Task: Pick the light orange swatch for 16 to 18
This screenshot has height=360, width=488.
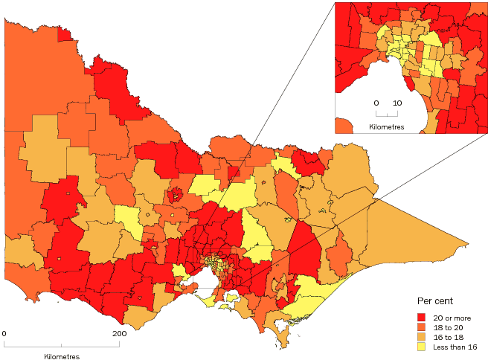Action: [x=423, y=337]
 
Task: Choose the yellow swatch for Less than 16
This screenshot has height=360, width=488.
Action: [x=423, y=347]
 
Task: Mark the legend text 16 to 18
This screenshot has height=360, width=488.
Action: [x=449, y=337]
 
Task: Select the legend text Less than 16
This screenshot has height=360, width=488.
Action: [x=455, y=347]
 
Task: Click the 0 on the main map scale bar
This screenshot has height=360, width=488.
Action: [x=4, y=334]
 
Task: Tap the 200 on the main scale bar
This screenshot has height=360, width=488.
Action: [x=119, y=334]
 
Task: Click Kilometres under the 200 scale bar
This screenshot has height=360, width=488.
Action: [x=62, y=356]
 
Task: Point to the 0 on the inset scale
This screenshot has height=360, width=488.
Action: [x=376, y=103]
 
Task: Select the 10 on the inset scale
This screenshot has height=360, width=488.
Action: [x=397, y=103]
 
